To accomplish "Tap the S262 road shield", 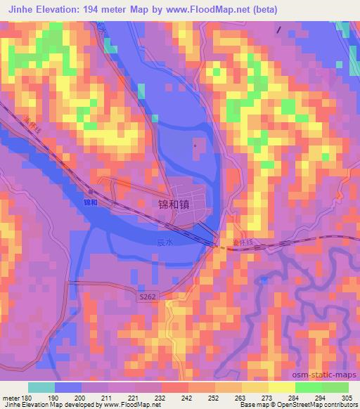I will tap(147, 298).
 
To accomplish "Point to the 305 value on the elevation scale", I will tap(347, 398).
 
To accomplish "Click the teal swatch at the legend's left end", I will tap(41, 387).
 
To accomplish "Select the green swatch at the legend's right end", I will tap(335, 387).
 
